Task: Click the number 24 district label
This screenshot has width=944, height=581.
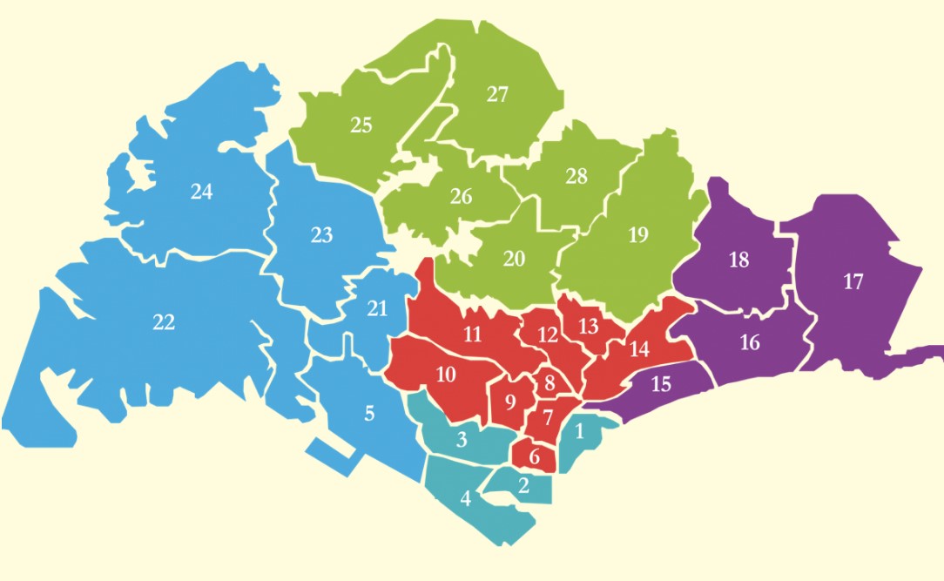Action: pos(201,192)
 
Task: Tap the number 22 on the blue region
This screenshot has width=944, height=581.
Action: pos(164,322)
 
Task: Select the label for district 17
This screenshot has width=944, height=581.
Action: pos(853,281)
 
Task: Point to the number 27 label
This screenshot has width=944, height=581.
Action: pos(497,95)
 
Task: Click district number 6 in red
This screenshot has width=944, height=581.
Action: pos(535,456)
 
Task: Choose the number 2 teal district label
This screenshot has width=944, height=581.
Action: pos(523,486)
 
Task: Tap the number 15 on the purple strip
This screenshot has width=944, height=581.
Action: pos(661,383)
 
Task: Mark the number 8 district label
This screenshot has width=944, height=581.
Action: pos(550,382)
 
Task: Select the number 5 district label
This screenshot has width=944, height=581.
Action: pos(369,413)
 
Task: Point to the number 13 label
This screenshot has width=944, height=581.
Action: pos(589,327)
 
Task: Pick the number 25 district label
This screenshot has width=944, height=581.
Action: pos(361,125)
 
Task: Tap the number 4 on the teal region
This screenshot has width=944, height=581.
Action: pos(466,499)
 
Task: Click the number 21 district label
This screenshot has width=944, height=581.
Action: pos(376,308)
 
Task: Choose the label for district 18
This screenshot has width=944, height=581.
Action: pos(738,260)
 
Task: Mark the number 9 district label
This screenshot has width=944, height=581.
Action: pos(511,402)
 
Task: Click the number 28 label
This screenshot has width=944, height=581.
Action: pos(577,177)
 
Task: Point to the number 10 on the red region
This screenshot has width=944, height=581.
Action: pos(446,375)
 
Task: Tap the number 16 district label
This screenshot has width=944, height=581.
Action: pos(750,342)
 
